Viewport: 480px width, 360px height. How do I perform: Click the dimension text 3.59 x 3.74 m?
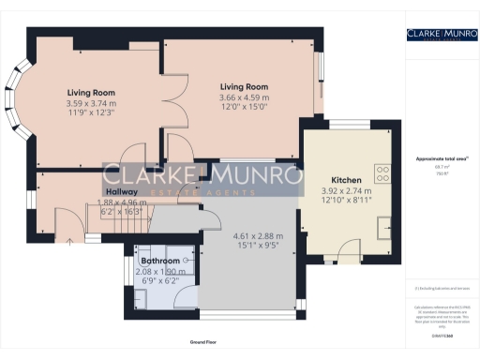[91, 103]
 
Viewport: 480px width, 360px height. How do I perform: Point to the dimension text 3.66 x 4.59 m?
[238, 97]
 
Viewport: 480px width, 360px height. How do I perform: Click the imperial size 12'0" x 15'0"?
[238, 106]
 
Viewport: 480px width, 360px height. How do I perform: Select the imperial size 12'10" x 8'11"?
[346, 199]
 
